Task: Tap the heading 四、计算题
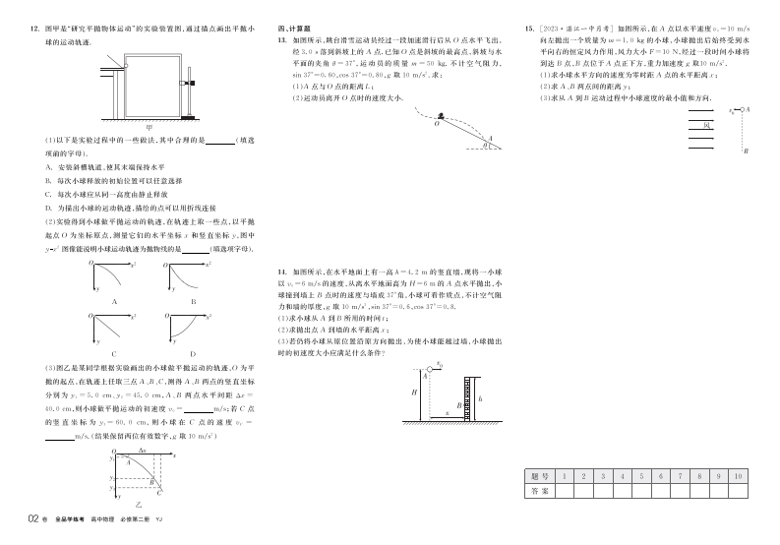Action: [x=292, y=30]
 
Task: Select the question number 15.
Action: [x=531, y=30]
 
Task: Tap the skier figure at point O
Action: [x=444, y=114]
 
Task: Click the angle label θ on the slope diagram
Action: [x=484, y=145]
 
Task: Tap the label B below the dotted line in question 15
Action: [x=747, y=151]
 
